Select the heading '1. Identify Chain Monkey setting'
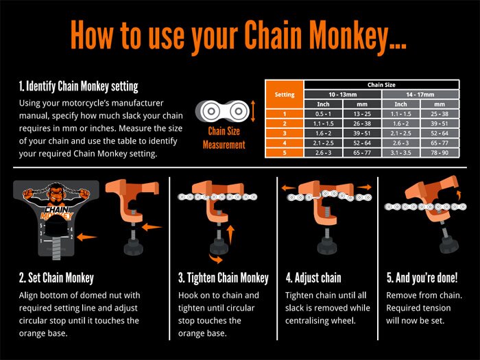point(79,87)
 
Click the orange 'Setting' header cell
point(284,94)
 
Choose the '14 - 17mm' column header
point(420,94)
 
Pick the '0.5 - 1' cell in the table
point(322,112)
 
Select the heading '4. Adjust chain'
point(313,278)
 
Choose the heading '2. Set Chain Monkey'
point(57,278)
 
